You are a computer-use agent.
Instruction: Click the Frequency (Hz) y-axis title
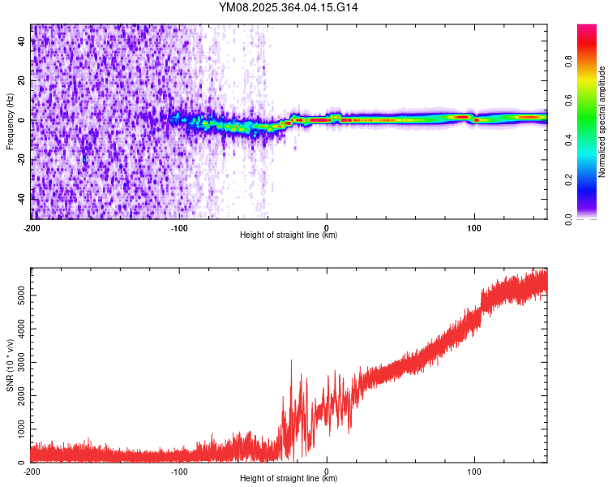[10, 122]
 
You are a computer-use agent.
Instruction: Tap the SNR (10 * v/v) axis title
[10, 365]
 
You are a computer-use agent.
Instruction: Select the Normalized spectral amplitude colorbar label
[602, 122]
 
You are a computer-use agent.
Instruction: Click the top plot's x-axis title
[289, 235]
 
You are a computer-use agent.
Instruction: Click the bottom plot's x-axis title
[289, 479]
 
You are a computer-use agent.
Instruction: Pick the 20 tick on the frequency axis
[23, 81]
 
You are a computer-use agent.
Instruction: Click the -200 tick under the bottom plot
[31, 472]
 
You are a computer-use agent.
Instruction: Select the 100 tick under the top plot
[474, 228]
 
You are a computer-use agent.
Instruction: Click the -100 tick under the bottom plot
[179, 472]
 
